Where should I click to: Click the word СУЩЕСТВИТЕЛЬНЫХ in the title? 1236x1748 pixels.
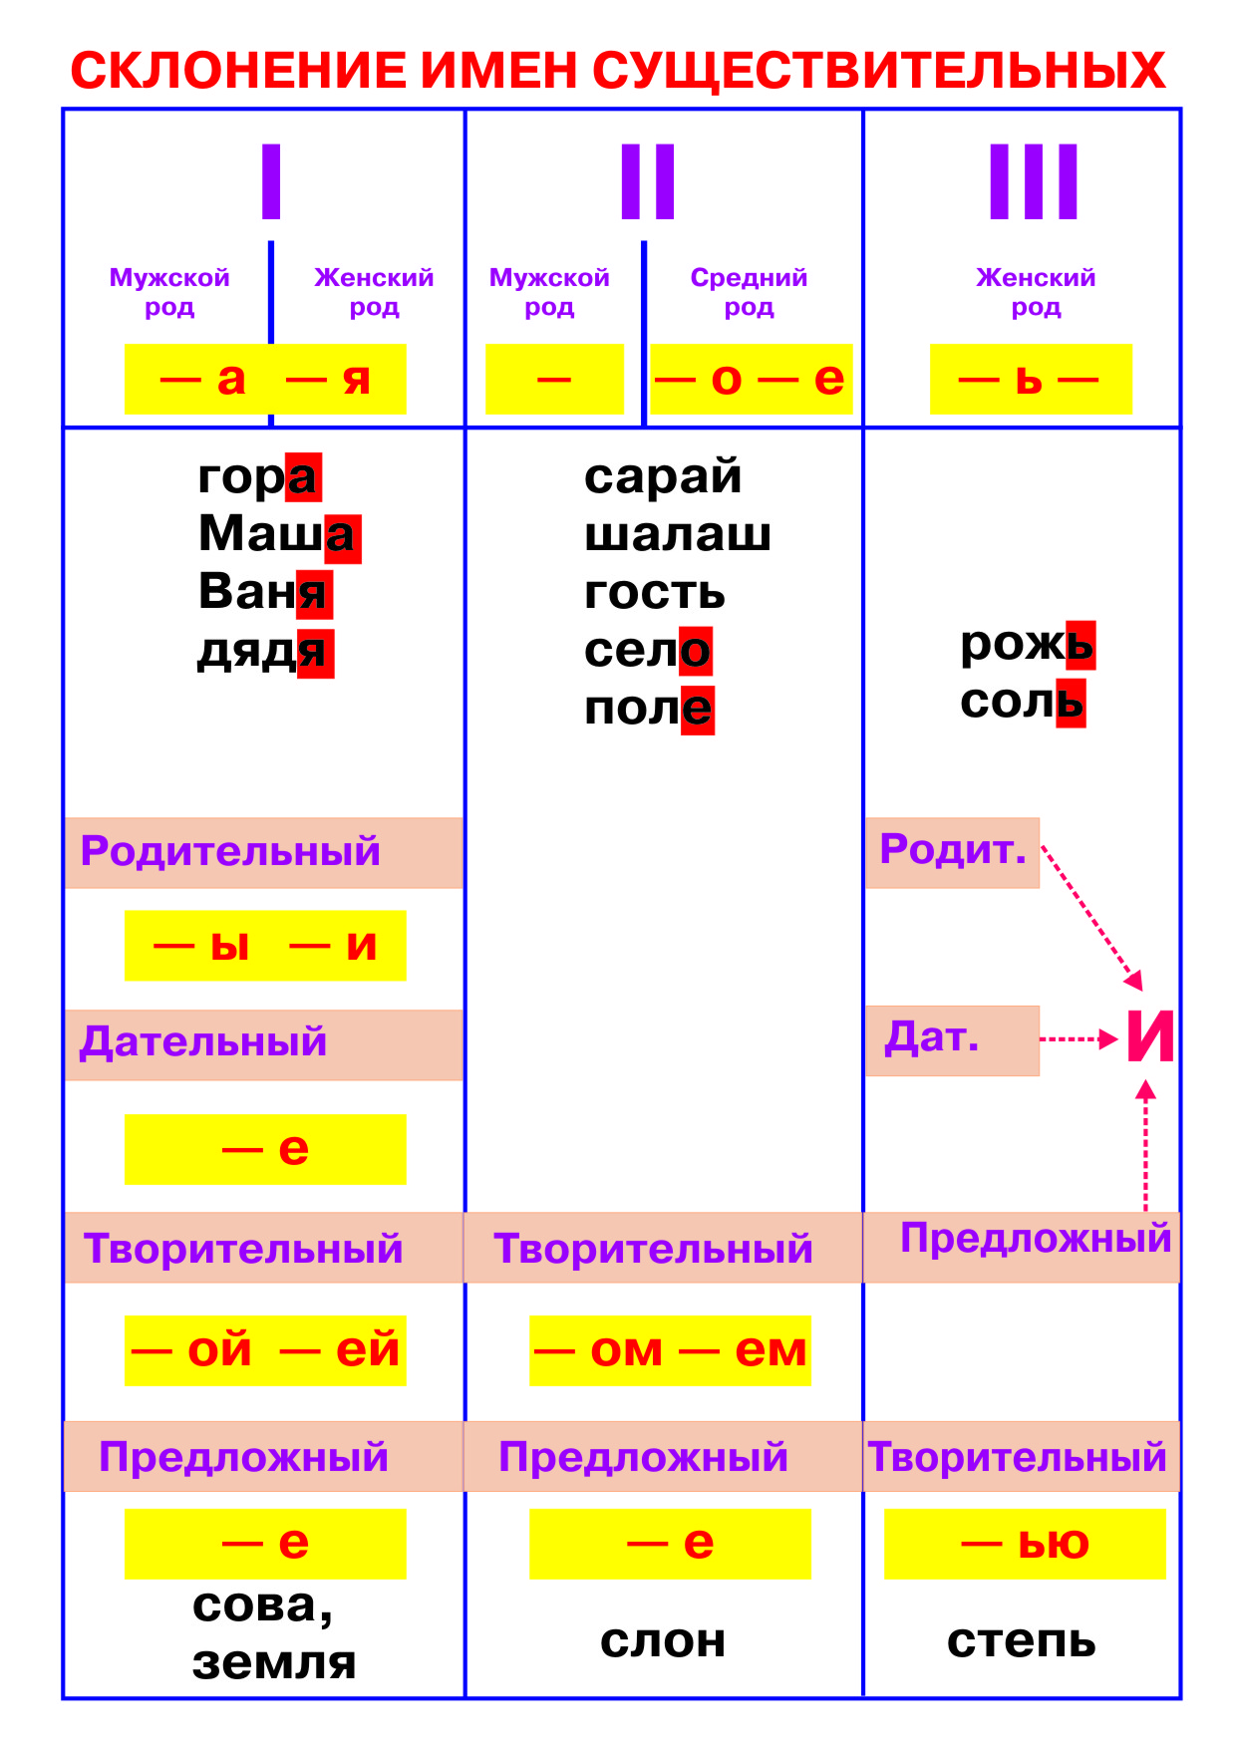coord(878,71)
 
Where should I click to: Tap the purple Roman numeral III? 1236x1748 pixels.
coord(1033,181)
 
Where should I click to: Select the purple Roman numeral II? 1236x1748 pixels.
coord(648,181)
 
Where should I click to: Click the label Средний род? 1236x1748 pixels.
coord(749,291)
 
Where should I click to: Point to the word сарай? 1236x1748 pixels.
coord(663,476)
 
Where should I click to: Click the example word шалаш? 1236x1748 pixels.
coord(677,534)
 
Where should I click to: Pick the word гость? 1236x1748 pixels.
coord(654,592)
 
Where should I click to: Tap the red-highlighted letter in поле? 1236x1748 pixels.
coord(698,710)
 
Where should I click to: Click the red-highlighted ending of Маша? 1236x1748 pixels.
coord(342,537)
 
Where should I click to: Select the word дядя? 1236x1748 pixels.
coord(264,652)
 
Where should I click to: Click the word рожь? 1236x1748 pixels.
coord(1027,644)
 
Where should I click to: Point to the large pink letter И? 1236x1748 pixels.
coord(1150,1037)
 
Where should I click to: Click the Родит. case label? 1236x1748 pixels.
coord(952,851)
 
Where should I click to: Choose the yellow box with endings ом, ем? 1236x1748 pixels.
coord(670,1350)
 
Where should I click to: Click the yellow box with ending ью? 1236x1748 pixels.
coord(1025,1544)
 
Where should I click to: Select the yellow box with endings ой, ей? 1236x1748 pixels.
coord(265,1350)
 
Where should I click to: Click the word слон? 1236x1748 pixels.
coord(663,1640)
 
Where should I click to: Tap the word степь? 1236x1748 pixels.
coord(1021,1640)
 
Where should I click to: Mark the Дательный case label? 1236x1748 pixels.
coord(204,1042)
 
